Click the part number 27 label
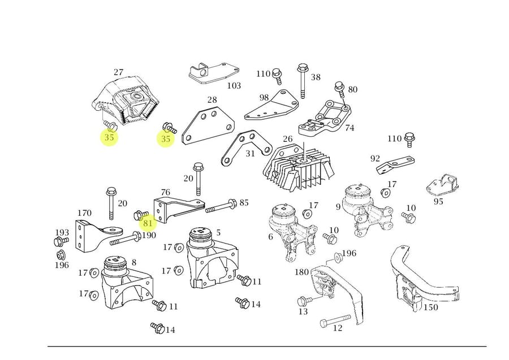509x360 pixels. coord(118,72)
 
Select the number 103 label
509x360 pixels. coord(234,86)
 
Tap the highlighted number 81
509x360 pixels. coord(148,223)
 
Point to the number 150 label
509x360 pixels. coord(430,307)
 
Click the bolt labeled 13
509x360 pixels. coord(304,300)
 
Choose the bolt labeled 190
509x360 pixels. coord(126,238)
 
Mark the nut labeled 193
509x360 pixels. coord(59,242)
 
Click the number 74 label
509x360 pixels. coord(350,128)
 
